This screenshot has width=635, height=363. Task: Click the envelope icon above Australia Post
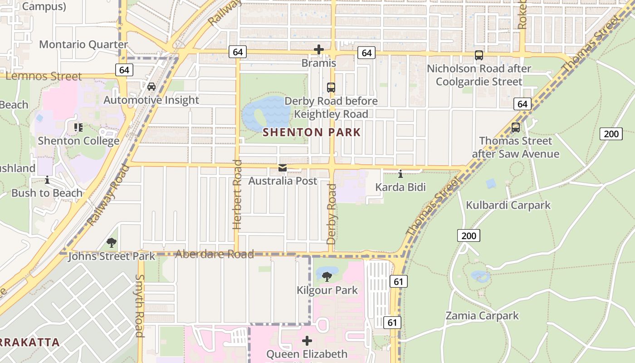[x=283, y=168]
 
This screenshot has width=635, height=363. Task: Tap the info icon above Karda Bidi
[x=400, y=174]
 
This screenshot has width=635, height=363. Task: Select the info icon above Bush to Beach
[x=47, y=180]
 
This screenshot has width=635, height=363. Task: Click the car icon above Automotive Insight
[x=151, y=86]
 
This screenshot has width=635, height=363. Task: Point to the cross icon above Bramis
[x=319, y=49]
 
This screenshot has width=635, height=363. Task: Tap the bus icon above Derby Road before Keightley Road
[x=331, y=87]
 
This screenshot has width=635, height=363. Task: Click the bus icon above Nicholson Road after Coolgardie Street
[x=479, y=55]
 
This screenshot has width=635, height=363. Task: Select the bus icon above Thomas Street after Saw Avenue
[x=516, y=128]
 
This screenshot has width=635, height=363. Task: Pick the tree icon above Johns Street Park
[x=112, y=243]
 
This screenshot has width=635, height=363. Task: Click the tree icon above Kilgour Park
[x=327, y=276]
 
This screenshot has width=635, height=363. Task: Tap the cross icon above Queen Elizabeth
[x=307, y=340]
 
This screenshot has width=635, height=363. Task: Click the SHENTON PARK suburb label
[x=312, y=132]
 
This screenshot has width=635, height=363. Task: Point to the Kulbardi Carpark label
[x=508, y=205]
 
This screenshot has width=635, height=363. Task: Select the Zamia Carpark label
[x=482, y=315]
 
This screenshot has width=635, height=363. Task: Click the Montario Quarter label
[x=83, y=44]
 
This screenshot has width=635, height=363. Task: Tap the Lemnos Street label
[x=44, y=76]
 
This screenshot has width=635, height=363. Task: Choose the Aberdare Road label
[x=214, y=254]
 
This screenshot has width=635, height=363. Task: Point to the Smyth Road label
[x=140, y=305]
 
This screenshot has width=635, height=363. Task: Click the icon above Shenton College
[x=78, y=128]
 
